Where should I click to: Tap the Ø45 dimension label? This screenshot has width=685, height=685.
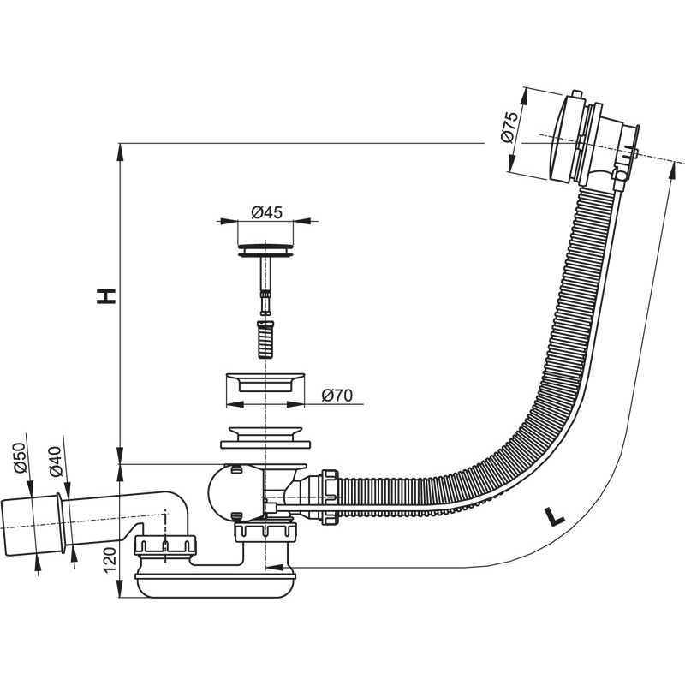(268, 213)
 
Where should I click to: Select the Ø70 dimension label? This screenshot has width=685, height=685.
(337, 395)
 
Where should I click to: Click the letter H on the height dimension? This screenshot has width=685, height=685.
(105, 296)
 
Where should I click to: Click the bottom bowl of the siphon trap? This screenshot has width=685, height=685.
(218, 587)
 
